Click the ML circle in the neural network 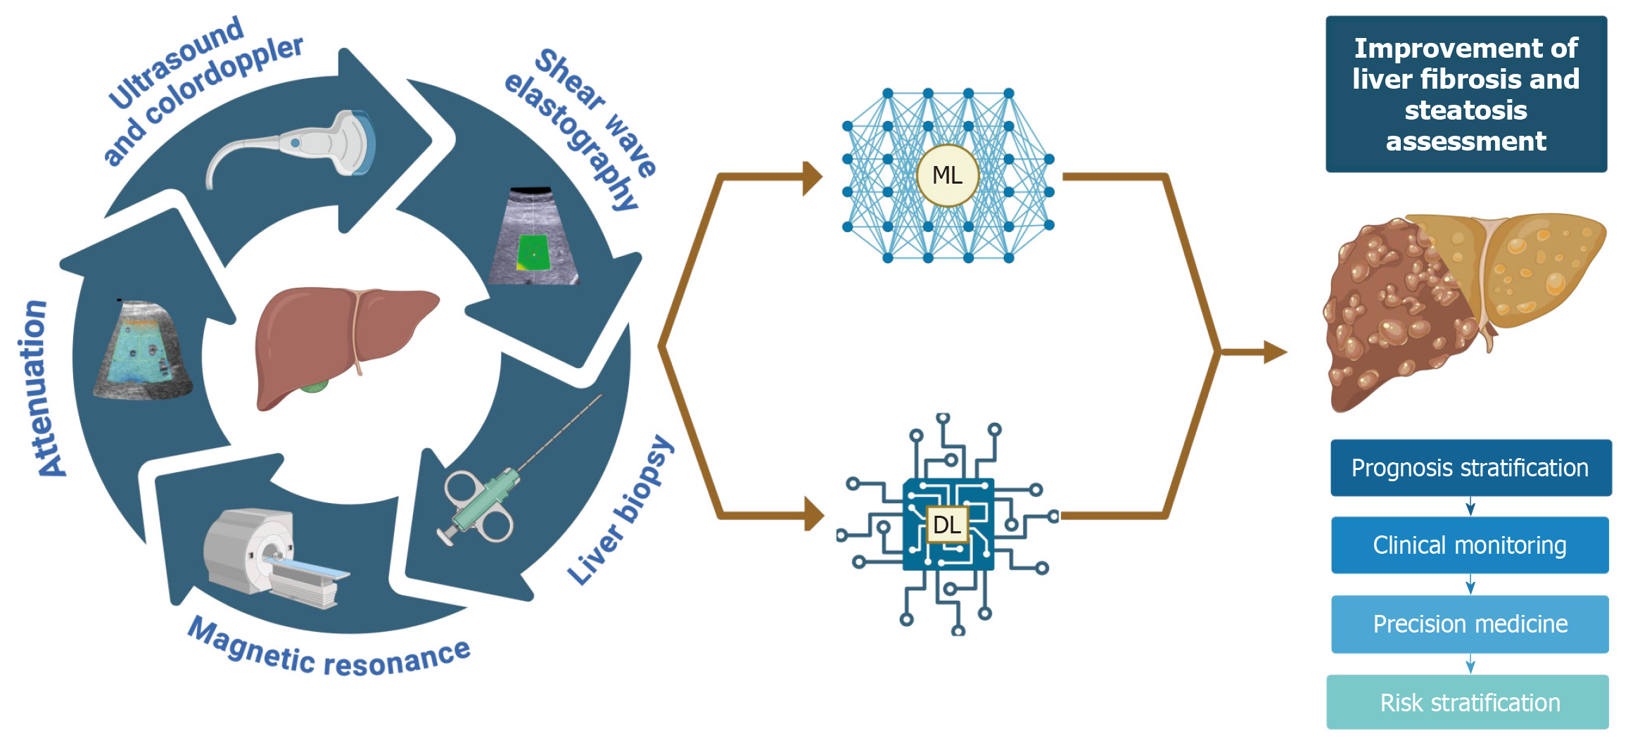point(947,175)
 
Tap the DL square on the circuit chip point(947,524)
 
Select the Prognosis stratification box point(1470,468)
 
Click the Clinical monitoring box point(1470,545)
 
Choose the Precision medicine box point(1470,624)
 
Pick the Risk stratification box point(1468,702)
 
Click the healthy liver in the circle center point(338,338)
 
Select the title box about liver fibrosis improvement point(1466,94)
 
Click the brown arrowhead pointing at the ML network point(813,177)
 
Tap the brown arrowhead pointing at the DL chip point(814,514)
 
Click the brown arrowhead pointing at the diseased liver point(1275,352)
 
